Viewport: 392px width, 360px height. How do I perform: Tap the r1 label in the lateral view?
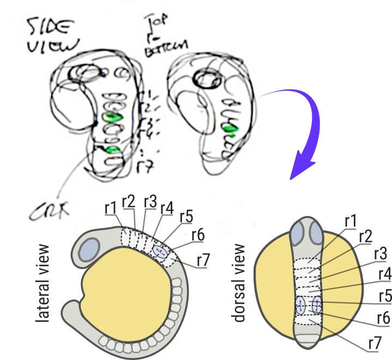coord(110,208)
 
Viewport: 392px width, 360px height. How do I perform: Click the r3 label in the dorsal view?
coord(381,254)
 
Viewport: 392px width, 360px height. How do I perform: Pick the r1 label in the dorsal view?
coord(351,221)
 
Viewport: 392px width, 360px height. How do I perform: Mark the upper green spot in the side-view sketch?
coord(113,117)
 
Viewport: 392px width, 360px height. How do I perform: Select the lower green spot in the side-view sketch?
coord(113,150)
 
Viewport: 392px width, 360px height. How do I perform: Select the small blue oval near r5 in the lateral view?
coord(161,251)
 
